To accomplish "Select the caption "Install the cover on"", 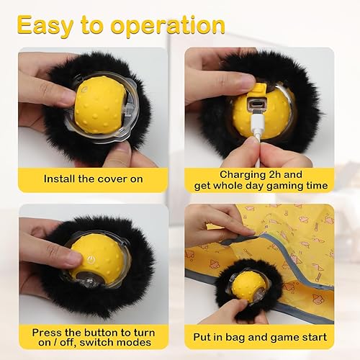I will click(x=93, y=178).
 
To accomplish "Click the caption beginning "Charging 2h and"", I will click(x=261, y=173).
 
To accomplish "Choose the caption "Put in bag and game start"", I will click(x=261, y=336).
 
